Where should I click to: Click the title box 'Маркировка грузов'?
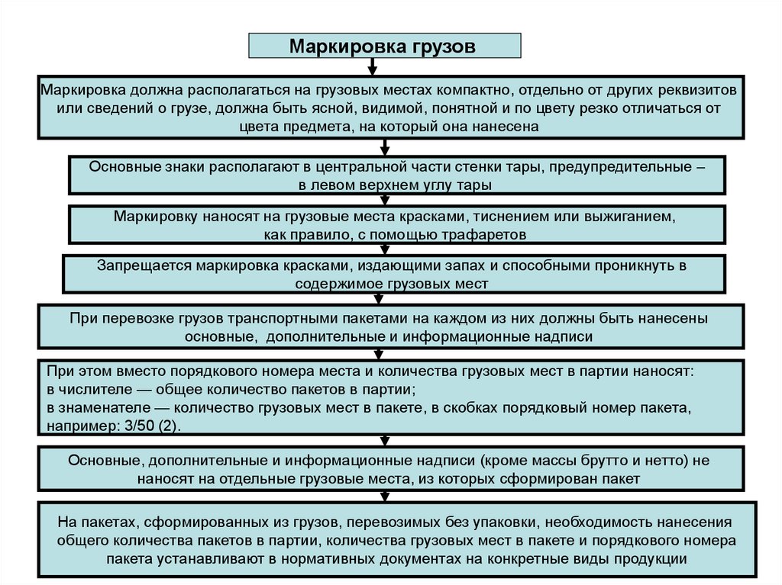(386, 46)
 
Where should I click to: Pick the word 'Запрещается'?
(144, 265)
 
